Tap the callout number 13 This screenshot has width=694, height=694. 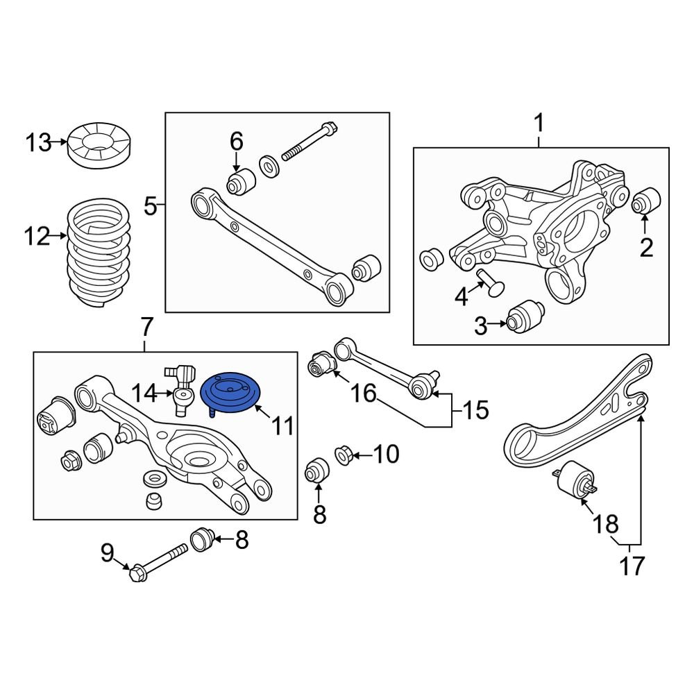point(39,144)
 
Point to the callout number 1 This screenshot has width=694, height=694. point(539,125)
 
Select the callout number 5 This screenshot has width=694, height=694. point(151,205)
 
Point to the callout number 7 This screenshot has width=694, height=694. point(145,325)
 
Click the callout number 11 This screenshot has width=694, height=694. point(282,425)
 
